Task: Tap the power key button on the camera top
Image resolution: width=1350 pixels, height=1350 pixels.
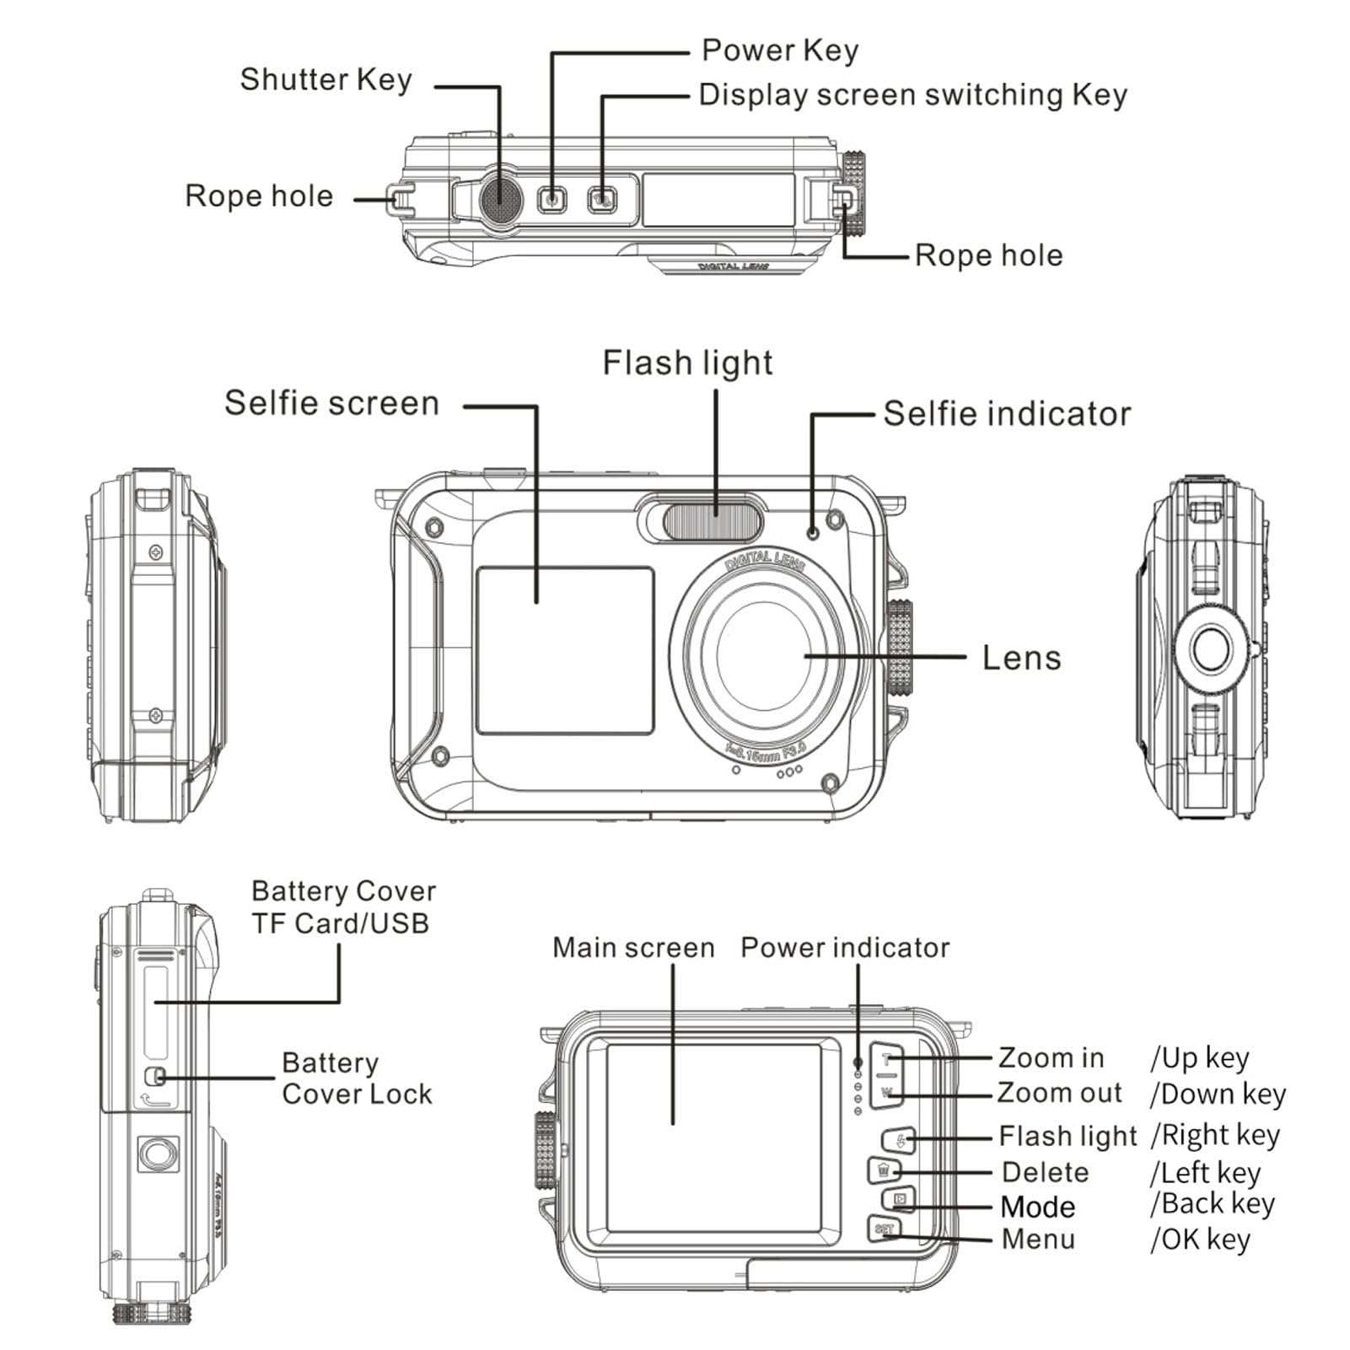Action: (x=552, y=200)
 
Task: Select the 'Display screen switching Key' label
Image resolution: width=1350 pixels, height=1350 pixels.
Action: (x=912, y=94)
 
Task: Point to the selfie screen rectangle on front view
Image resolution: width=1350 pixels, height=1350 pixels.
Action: (x=565, y=650)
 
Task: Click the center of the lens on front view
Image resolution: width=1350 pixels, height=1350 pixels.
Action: (x=764, y=656)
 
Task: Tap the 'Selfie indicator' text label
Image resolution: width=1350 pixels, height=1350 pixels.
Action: (x=1006, y=414)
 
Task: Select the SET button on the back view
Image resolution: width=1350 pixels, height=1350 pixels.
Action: (x=885, y=1229)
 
